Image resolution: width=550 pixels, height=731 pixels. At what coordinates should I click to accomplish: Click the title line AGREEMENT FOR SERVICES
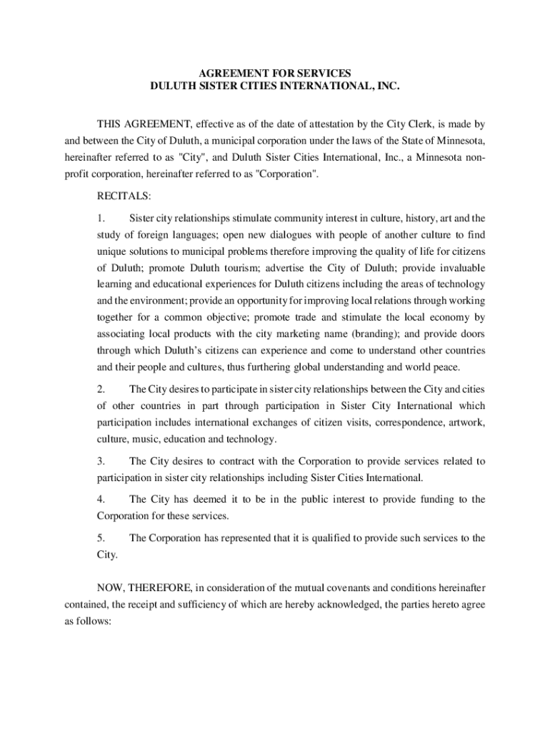[x=275, y=73]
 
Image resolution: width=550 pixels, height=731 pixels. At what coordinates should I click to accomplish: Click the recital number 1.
[x=101, y=217]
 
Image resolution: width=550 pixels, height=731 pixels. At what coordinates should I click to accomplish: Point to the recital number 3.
[x=101, y=461]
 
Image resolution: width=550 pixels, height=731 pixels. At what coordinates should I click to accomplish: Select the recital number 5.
[x=101, y=538]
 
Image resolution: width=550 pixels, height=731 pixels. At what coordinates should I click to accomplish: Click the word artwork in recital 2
[x=466, y=423]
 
